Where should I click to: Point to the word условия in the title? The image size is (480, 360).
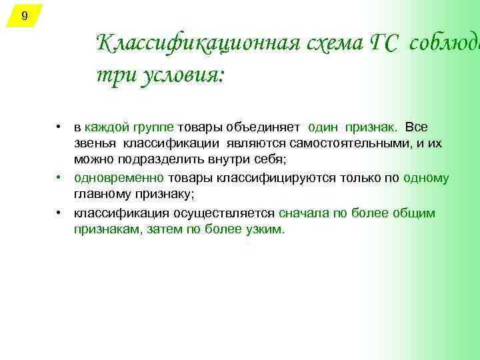coord(179,76)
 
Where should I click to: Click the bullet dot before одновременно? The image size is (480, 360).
coord(60,178)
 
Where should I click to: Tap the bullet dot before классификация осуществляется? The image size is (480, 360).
coord(60,213)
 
